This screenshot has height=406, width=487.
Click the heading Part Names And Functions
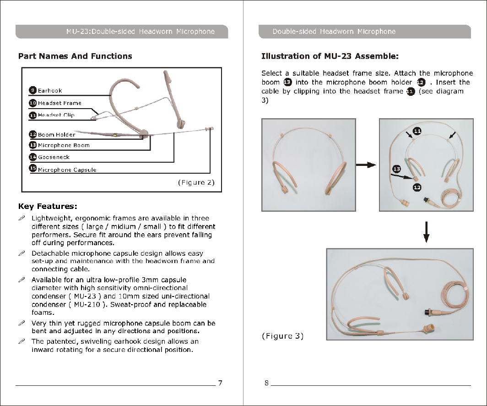tap(75, 56)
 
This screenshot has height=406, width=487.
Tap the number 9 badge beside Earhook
tap(33, 90)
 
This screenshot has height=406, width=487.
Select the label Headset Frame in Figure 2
tap(60, 103)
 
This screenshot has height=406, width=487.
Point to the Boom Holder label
tap(56, 135)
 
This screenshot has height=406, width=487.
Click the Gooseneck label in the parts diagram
tap(54, 157)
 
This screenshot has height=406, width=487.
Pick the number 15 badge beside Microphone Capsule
tap(33, 169)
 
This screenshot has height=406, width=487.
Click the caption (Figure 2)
tap(196, 182)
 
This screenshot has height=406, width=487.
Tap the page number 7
tap(220, 383)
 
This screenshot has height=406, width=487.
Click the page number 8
tap(266, 383)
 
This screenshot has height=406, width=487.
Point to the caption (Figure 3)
tap(282, 336)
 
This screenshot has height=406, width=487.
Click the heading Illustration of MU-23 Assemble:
tap(330, 56)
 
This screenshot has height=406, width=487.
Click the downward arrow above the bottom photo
tap(426, 232)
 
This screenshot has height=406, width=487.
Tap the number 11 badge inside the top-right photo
tap(417, 132)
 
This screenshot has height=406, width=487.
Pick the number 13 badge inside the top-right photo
tap(396, 170)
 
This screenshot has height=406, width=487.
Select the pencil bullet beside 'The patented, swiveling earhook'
tap(21, 342)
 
